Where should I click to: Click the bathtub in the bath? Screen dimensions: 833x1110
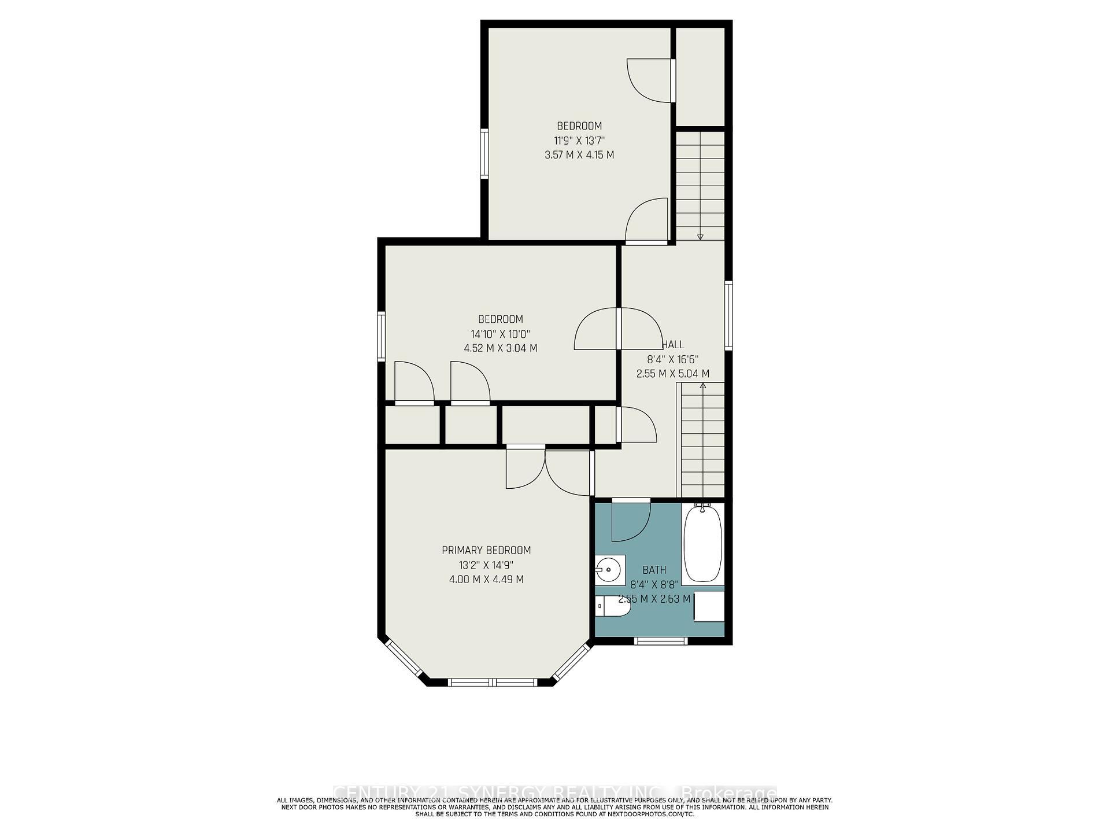(702, 545)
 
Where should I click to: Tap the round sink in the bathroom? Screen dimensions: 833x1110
(608, 569)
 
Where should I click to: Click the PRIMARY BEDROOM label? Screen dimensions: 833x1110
(486, 550)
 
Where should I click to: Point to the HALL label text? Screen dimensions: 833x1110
(673, 345)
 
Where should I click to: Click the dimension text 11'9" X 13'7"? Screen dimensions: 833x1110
(579, 141)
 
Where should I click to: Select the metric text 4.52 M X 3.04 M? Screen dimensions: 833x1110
(501, 348)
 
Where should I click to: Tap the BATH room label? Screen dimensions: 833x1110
(654, 570)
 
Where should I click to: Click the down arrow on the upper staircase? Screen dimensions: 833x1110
(700, 235)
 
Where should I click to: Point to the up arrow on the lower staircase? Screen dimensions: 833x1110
(703, 385)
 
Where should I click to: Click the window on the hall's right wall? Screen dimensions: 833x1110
(728, 315)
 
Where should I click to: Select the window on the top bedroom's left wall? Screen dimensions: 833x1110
(484, 153)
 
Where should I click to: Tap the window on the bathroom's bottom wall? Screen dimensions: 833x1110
(661, 640)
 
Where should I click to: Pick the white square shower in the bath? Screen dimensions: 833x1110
(709, 606)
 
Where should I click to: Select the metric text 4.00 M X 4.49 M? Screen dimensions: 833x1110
(486, 580)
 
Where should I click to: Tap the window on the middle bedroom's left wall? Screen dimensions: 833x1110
(381, 336)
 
